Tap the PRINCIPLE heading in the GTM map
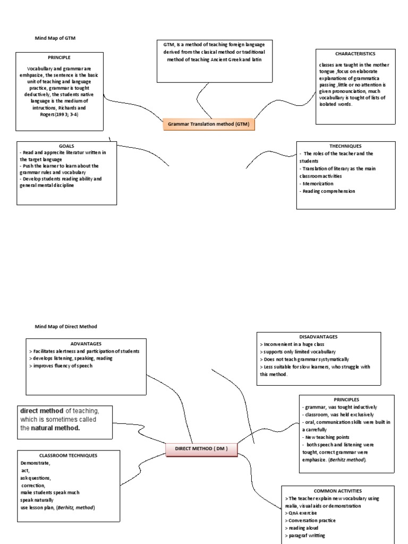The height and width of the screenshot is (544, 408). [59, 57]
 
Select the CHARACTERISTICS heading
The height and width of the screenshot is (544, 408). [355, 54]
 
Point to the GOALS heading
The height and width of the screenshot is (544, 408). [66, 146]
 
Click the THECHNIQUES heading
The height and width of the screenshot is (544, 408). [345, 146]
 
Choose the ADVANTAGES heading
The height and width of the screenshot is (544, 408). [86, 344]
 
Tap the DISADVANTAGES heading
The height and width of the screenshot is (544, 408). [318, 336]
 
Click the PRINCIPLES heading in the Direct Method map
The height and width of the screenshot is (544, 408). [346, 399]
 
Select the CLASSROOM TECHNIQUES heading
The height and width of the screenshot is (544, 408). [68, 455]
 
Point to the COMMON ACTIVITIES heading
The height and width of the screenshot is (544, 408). [337, 491]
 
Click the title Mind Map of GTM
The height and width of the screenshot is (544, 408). [59, 38]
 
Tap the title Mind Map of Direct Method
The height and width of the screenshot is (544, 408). [66, 326]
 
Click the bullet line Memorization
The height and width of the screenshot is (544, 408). [318, 183]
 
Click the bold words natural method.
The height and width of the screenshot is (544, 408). [55, 428]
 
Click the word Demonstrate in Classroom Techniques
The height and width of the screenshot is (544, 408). [35, 463]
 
